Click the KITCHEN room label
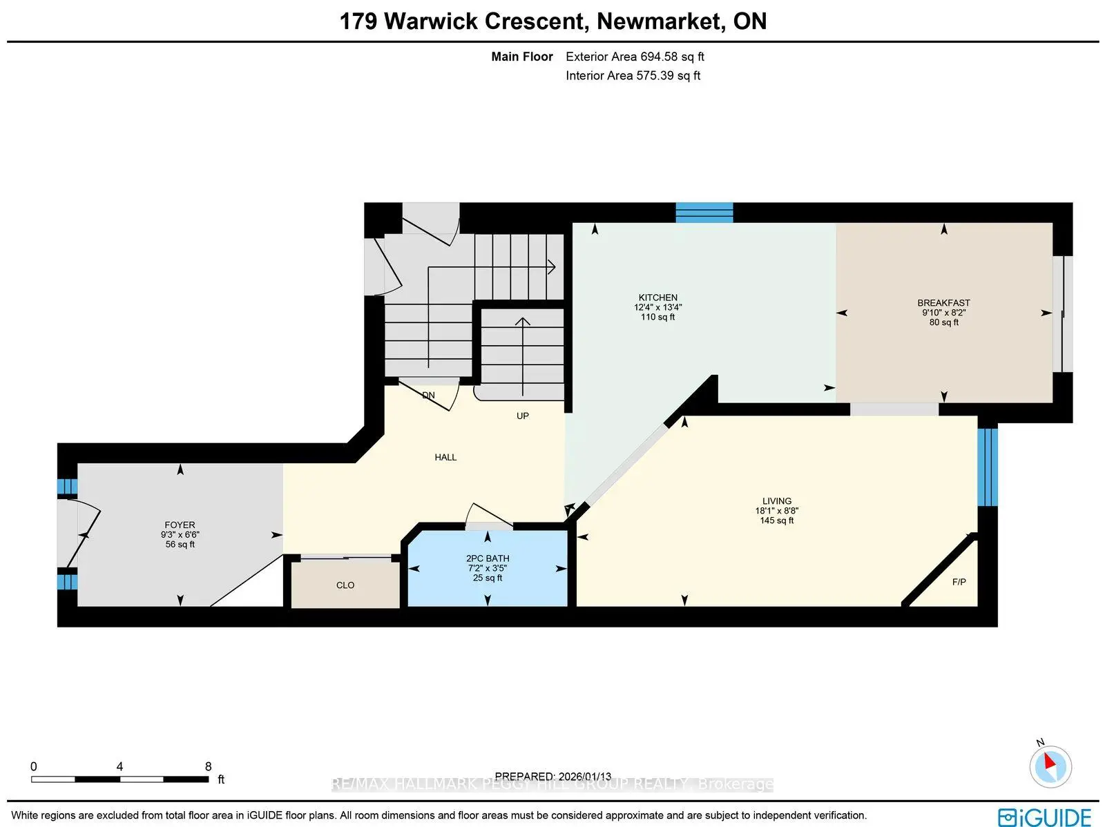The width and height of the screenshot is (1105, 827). coord(657,298)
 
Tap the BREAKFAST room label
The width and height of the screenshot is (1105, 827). coord(943,303)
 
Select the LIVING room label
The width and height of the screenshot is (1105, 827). coord(777,501)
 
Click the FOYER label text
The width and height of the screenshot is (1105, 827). coord(180,525)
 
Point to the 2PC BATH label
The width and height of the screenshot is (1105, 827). coord(488,558)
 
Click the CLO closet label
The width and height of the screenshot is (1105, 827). coord(345,585)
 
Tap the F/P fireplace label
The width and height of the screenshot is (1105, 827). coord(959,582)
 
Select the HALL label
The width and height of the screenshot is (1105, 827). coord(445,457)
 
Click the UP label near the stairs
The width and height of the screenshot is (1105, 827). coord(523,416)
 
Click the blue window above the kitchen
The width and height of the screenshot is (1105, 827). coord(704,213)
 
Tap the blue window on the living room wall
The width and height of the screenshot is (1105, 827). coord(988,467)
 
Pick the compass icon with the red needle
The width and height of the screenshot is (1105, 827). coord(1050,766)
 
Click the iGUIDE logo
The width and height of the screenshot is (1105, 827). coord(1044,817)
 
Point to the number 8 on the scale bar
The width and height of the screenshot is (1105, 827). coord(208,766)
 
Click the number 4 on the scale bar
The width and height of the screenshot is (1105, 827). coord(119,766)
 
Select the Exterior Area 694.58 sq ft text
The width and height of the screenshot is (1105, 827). coord(635,57)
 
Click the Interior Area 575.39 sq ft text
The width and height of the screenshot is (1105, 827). coord(633,75)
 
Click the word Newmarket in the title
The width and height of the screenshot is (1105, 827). coord(661,21)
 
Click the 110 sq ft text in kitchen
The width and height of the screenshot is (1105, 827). coord(657,317)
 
